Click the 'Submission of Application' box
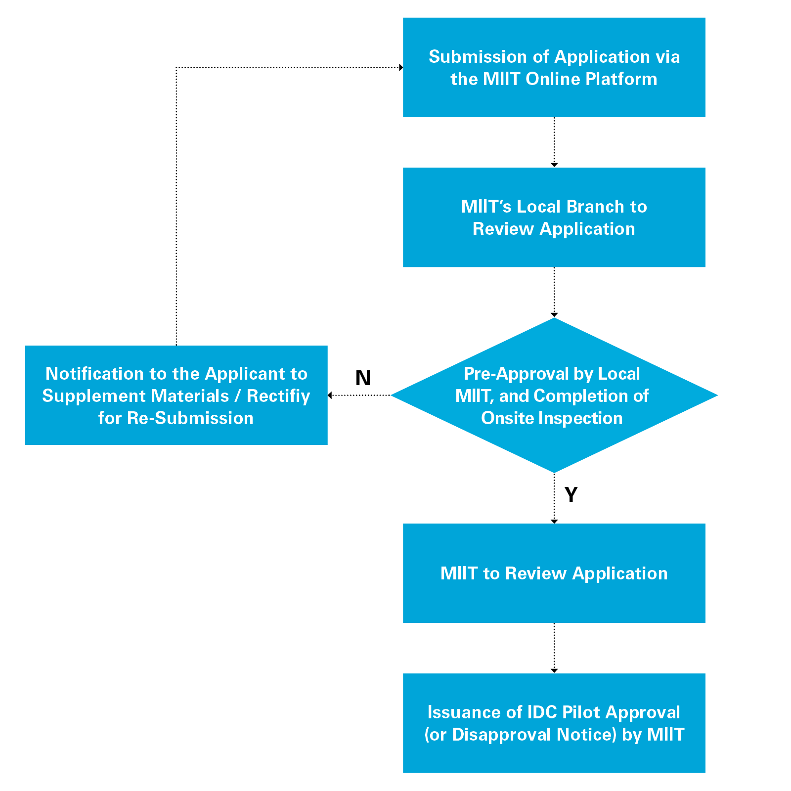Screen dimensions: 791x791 click(554, 67)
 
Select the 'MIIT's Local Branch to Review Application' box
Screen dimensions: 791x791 click(554, 218)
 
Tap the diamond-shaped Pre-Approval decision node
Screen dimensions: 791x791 click(554, 395)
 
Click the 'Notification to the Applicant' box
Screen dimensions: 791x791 click(176, 395)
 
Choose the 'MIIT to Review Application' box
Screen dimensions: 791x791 click(554, 573)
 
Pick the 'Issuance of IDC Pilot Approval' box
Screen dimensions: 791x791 click(554, 723)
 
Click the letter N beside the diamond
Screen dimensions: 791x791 click(363, 378)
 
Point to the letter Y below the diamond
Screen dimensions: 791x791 click(571, 495)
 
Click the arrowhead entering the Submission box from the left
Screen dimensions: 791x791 click(400, 67)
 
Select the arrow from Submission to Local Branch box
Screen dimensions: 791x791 click(554, 142)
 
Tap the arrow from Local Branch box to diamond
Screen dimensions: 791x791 click(554, 292)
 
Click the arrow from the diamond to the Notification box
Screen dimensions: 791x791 click(359, 395)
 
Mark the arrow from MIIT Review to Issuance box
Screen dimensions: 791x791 click(554, 648)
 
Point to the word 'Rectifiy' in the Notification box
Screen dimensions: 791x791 click(278, 396)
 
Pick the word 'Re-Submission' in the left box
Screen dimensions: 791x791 click(190, 418)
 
